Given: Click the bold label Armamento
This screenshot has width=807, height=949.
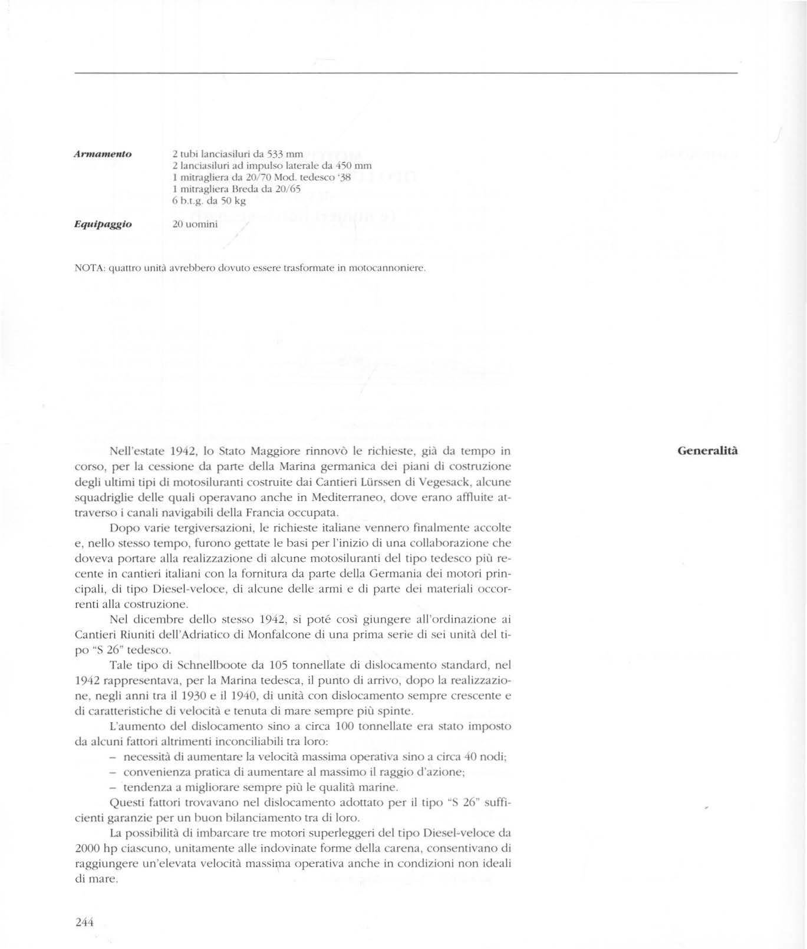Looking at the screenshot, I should click(x=101, y=154).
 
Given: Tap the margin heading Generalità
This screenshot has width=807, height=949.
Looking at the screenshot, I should click(x=707, y=451).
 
